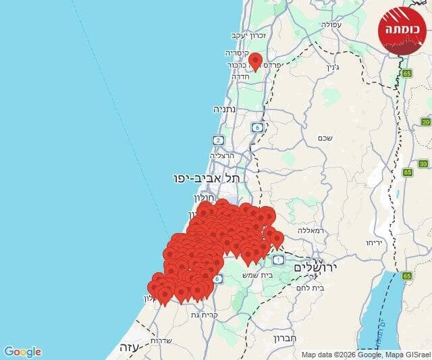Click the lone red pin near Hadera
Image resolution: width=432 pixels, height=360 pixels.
[255, 61]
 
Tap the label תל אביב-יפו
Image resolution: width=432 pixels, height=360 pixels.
[207, 178]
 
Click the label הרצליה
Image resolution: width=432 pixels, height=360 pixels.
[222, 155]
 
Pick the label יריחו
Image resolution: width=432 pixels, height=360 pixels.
[375, 242]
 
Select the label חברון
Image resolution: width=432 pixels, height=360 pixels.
[286, 337]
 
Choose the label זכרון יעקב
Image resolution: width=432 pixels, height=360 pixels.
[250, 34]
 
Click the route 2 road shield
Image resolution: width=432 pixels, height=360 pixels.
[217, 140]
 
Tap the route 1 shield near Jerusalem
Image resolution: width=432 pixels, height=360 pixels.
[279, 257]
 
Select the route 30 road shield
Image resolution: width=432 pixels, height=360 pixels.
[423, 163]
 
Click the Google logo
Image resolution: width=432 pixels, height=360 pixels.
[22, 351]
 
